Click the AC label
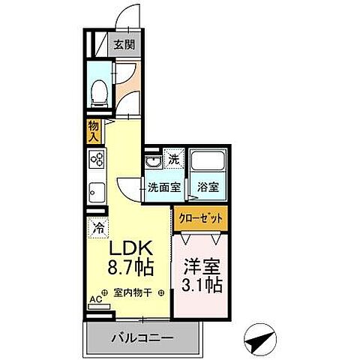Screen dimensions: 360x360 point(95,298)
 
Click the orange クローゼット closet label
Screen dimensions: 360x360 point(200,217)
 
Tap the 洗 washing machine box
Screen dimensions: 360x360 point(172,159)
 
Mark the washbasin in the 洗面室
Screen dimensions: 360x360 point(152,161)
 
